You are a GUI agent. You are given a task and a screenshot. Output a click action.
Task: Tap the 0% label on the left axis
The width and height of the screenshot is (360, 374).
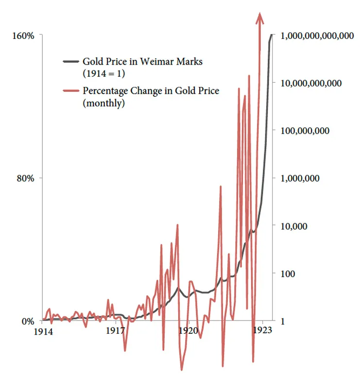tap(28, 321)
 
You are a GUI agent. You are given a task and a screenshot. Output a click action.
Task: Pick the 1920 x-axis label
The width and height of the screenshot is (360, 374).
tap(189, 331)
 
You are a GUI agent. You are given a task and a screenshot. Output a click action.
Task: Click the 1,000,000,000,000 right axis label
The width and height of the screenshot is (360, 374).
tap(317, 36)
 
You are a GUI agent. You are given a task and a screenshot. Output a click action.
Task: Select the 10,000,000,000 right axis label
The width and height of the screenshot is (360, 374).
tap(311, 83)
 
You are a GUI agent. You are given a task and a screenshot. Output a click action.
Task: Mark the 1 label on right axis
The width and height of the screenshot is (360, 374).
tap(283, 321)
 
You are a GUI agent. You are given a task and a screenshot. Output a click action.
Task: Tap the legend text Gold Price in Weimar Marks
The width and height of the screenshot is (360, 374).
tap(142, 62)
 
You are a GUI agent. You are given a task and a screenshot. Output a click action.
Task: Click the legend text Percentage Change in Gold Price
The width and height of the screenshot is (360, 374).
tap(151, 91)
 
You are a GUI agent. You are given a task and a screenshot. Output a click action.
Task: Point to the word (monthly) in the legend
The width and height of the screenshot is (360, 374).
tap(103, 103)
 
